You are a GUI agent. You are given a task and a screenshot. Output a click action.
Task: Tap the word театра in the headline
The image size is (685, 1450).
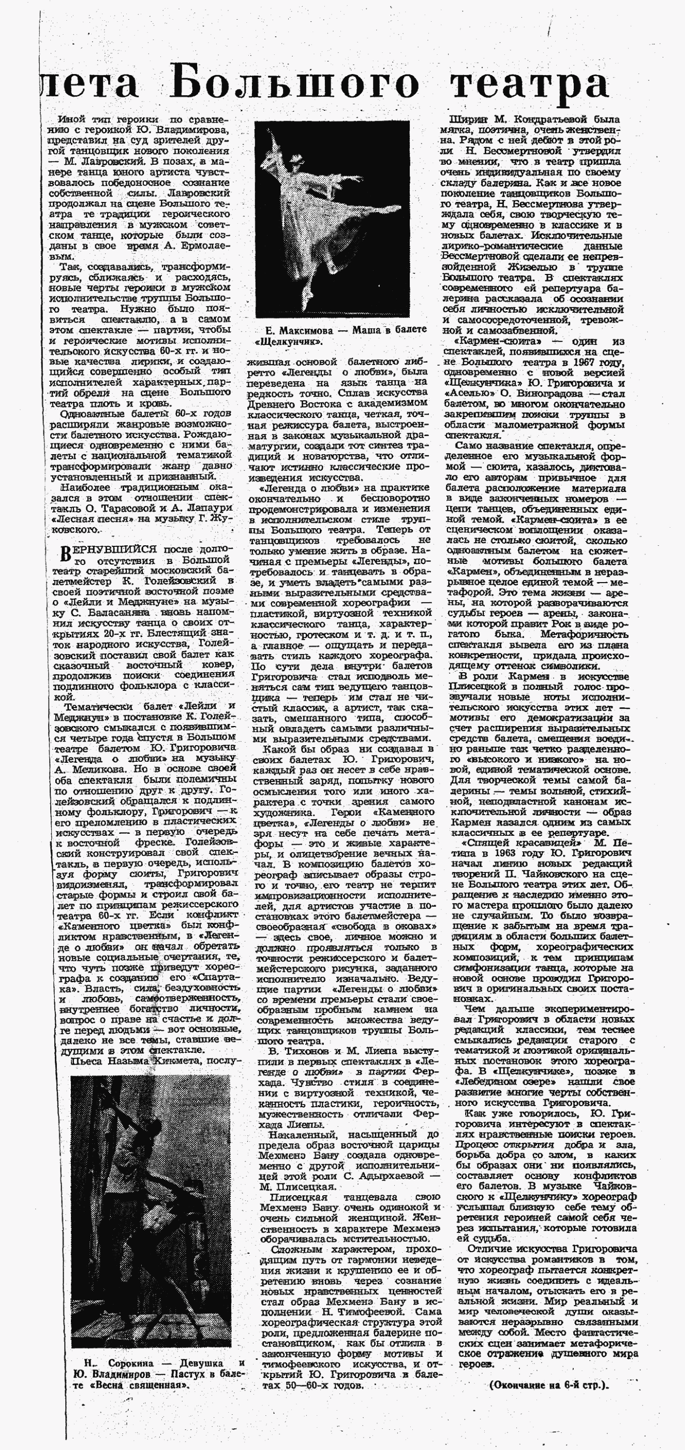click(x=530, y=83)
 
